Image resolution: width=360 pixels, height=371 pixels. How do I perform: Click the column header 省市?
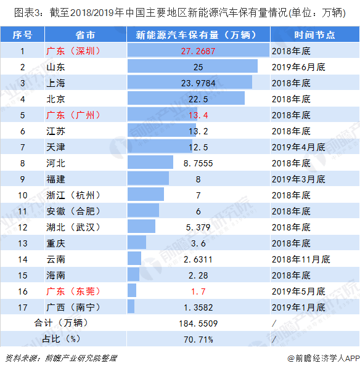tap(85, 35)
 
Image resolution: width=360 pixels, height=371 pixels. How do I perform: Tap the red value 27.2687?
tap(198, 51)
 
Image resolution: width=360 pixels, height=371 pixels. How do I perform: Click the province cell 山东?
tap(56, 67)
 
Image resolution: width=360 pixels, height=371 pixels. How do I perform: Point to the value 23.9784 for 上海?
tap(198, 83)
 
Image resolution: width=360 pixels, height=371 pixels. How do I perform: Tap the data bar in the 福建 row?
tap(148, 179)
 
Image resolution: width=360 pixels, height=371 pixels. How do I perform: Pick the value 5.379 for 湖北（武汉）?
tap(198, 227)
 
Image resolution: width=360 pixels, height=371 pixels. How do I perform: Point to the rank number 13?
tap(22, 242)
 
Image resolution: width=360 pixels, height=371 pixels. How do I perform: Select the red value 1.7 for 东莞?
tap(198, 290)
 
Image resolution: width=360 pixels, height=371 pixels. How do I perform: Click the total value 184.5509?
tap(198, 322)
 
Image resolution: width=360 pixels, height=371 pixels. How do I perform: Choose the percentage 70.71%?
tap(198, 338)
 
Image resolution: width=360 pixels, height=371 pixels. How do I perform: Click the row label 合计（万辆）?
tap(61, 322)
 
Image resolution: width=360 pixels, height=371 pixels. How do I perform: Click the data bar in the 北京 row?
tap(186, 99)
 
